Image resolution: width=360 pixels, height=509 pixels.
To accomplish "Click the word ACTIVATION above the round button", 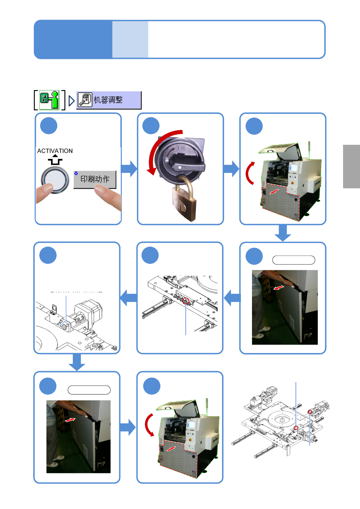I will coord(55,151).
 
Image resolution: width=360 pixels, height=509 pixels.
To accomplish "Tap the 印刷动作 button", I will coord(95,179).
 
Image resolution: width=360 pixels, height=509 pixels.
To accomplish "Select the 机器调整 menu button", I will coord(109,100).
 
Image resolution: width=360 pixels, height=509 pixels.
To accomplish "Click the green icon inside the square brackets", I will coord(50,100).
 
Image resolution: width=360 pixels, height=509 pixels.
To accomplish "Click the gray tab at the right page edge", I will coord(351,166).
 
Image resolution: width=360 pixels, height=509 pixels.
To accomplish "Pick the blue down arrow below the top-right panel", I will coord(283,233).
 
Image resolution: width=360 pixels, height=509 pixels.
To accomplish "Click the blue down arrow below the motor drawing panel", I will coord(77,362).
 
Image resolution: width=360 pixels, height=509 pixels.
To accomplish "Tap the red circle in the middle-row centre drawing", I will coord(186,301).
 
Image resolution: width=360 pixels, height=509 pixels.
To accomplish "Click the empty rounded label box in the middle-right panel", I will coord(293,260).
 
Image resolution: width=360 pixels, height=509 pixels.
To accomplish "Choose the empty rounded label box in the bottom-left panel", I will coord(89,390).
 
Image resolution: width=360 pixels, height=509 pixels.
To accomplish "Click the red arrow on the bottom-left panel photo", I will coord(70,420).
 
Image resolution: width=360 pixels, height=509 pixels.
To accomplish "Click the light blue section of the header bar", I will coord(130,39).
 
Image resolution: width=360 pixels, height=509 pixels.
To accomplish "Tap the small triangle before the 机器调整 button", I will coord(71,100).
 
